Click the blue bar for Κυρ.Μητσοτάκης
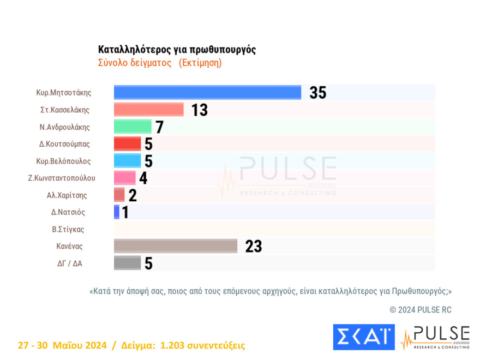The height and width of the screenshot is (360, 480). (207, 93)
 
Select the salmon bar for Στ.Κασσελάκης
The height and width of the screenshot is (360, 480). (148, 110)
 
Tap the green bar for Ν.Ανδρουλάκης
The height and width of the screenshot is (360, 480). (133, 127)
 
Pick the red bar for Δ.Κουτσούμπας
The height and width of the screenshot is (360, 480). (127, 143)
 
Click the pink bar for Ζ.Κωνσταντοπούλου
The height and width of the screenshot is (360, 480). (124, 178)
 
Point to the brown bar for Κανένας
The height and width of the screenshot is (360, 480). (175, 246)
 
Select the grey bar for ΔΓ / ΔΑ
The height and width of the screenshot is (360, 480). (127, 263)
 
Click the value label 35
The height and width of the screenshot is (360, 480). (318, 93)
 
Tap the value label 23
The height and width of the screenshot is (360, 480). (254, 247)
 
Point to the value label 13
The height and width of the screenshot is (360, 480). (200, 110)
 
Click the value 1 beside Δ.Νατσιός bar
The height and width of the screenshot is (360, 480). (125, 212)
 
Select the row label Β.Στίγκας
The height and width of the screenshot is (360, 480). (68, 229)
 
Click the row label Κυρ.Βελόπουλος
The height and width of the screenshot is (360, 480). (63, 161)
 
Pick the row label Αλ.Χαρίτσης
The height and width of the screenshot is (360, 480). (67, 195)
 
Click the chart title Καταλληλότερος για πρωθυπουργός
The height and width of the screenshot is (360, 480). (177, 50)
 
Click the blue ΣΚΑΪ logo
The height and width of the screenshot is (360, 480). (363, 337)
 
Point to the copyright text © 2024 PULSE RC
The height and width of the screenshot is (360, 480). (421, 310)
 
